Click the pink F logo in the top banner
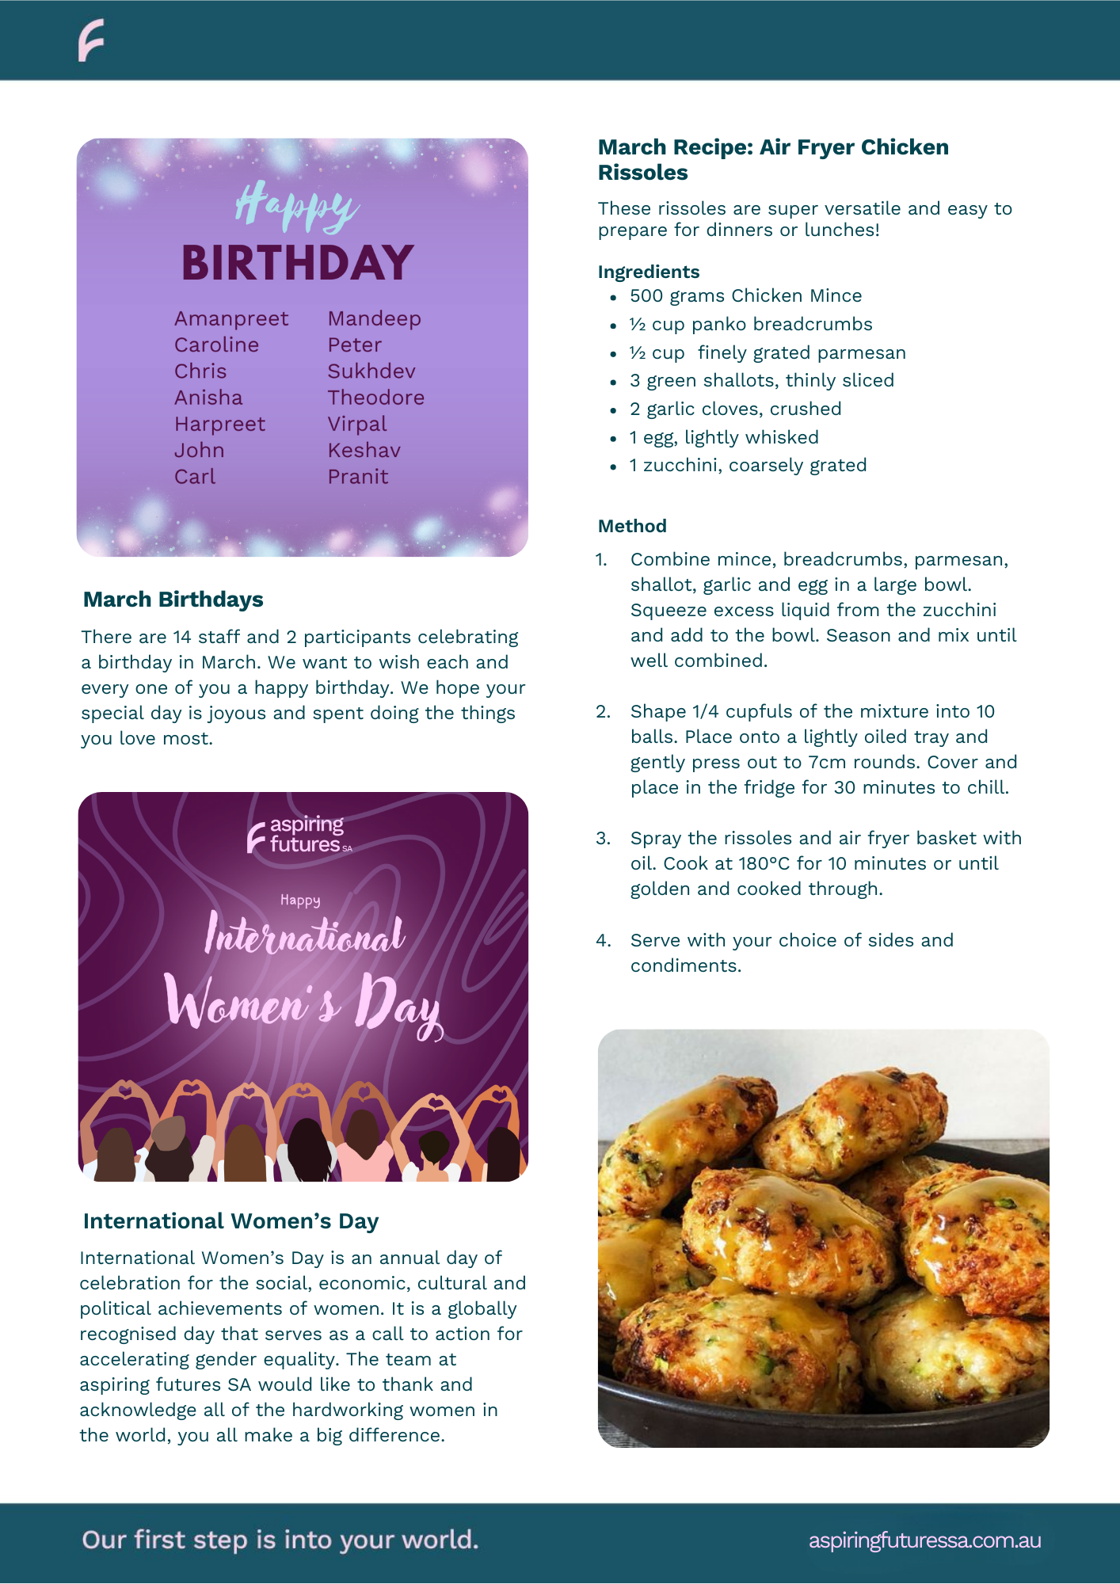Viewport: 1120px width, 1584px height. coord(91,41)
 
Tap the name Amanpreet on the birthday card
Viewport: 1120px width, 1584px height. coord(231,318)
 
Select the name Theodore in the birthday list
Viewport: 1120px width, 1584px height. coord(376,398)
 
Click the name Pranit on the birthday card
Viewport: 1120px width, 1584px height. coord(358,477)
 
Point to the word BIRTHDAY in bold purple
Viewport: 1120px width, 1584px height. coord(298,264)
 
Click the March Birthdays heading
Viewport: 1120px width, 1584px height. coord(173,600)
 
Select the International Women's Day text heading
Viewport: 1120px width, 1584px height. coord(230,1221)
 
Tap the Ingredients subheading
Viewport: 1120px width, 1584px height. coord(649,272)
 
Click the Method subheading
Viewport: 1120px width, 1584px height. coord(632,526)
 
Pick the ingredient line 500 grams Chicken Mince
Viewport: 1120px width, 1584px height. coord(745,295)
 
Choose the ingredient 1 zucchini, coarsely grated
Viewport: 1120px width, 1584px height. coord(748,465)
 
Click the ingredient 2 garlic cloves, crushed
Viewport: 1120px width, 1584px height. coord(735,409)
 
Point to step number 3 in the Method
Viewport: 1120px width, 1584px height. coord(604,838)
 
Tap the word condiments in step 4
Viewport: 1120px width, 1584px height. coord(685,965)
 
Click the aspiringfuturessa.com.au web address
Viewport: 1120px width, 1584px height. coord(924,1540)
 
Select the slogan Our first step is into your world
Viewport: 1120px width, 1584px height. coord(280,1540)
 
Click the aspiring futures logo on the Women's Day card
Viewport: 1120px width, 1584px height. coord(299,835)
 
